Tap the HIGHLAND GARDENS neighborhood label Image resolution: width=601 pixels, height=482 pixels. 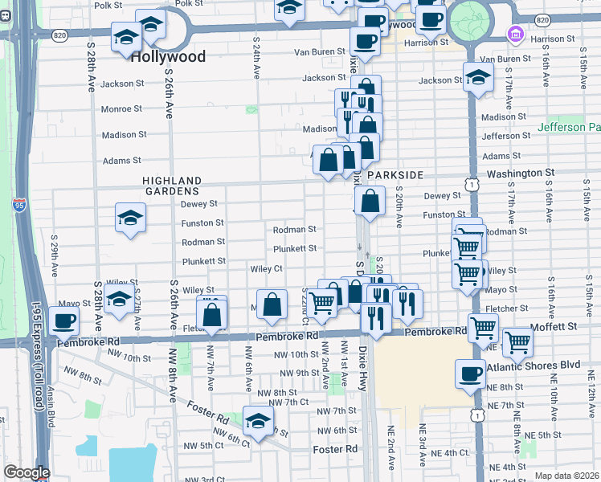[171, 186]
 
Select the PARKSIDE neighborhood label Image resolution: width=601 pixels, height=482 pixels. [395, 174]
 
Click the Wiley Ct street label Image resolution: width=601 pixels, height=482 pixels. [266, 268]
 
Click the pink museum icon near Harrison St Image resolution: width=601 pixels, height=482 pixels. [514, 35]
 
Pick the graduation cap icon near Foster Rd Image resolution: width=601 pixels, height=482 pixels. [258, 421]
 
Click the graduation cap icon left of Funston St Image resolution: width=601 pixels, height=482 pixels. [130, 218]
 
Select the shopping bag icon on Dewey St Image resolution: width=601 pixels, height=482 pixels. [370, 202]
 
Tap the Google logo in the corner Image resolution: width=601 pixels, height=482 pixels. [26, 472]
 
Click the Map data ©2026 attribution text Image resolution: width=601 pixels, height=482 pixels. [567, 476]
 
